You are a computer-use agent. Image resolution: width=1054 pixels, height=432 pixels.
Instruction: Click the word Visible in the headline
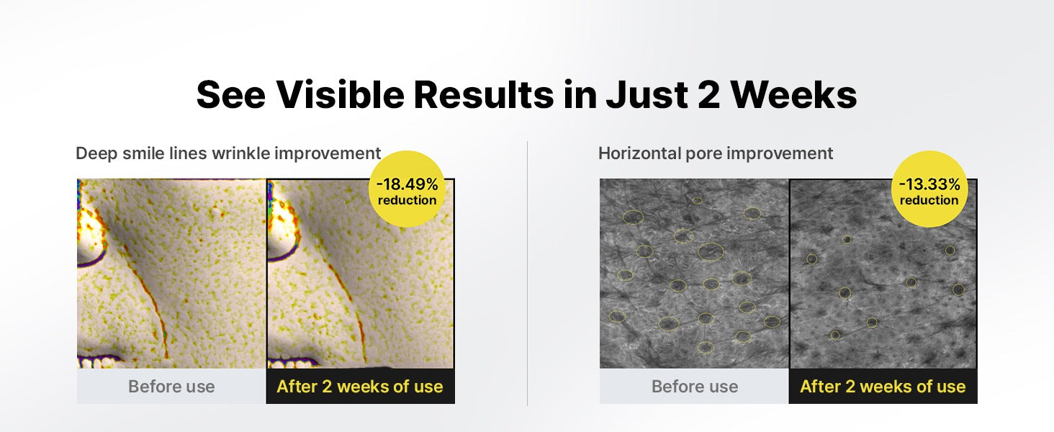pyautogui.click(x=341, y=94)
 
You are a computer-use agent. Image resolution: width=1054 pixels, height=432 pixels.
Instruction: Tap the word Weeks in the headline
pyautogui.click(x=793, y=94)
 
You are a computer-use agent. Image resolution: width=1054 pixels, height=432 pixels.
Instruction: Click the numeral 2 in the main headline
pyautogui.click(x=708, y=94)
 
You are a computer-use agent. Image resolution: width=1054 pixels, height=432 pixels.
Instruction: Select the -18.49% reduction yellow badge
pyautogui.click(x=407, y=189)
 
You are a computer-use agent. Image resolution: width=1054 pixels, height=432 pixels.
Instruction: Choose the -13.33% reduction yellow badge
pyautogui.click(x=929, y=189)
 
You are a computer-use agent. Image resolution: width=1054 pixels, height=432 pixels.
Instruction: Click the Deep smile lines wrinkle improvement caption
pyautogui.click(x=228, y=153)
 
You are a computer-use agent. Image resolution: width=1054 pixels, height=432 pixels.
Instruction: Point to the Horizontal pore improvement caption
pyautogui.click(x=715, y=153)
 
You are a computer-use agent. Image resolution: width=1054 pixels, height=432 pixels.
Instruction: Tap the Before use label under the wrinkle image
pyautogui.click(x=172, y=387)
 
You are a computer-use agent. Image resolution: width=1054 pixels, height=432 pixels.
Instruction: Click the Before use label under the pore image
pyautogui.click(x=695, y=387)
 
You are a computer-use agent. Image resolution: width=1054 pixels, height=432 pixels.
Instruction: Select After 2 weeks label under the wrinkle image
pyautogui.click(x=360, y=387)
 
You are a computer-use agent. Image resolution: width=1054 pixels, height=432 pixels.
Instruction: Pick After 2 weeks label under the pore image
pyautogui.click(x=883, y=387)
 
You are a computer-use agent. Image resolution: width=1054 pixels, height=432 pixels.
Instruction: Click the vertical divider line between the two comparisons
pyautogui.click(x=527, y=273)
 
